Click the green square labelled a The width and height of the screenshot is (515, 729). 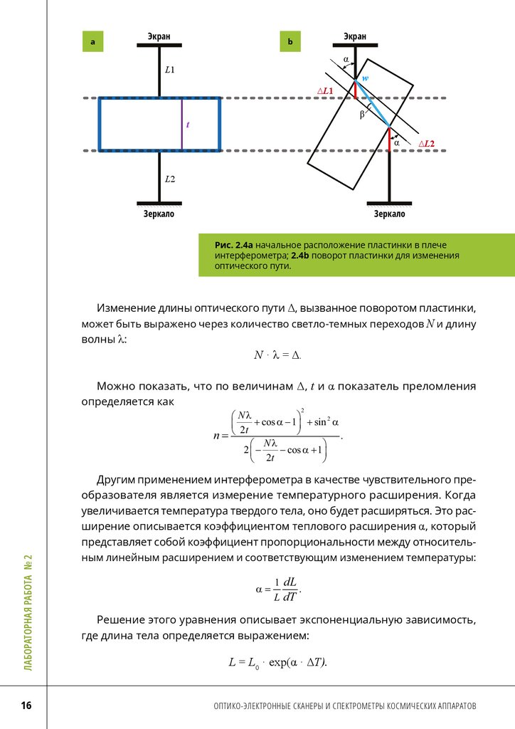(92, 43)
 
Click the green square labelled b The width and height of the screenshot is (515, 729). (290, 43)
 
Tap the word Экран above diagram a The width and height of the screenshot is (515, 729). (159, 36)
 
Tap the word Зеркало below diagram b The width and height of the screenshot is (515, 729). (389, 214)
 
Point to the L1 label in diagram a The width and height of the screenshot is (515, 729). (169, 70)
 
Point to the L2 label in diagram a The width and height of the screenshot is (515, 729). (169, 178)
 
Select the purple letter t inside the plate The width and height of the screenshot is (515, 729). (188, 125)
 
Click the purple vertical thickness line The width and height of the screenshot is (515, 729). (181, 124)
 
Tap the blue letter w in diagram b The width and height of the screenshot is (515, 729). (365, 78)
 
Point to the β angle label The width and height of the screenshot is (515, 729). (362, 114)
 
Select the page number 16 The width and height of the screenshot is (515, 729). (26, 706)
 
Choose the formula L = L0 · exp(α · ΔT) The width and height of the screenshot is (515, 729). (277, 662)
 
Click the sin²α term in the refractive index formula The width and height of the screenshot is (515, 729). (322, 421)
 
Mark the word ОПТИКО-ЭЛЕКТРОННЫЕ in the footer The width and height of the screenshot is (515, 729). (256, 706)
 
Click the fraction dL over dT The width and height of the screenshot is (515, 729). (289, 589)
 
